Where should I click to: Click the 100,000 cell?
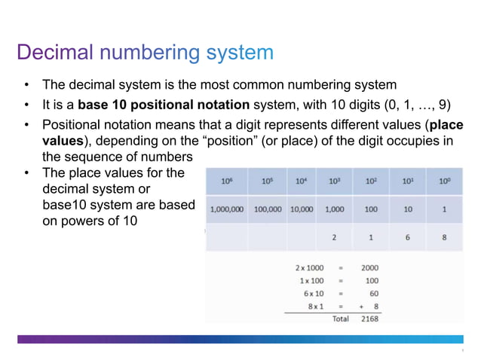(x=268, y=209)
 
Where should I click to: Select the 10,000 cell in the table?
(x=302, y=209)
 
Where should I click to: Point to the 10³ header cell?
(x=334, y=181)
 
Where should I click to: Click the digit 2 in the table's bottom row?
(x=334, y=238)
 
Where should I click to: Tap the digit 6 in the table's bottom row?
(x=408, y=238)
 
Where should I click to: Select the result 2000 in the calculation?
(x=369, y=267)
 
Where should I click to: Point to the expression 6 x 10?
(x=314, y=293)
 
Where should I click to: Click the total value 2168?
(x=369, y=319)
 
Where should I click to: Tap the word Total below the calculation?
(x=341, y=319)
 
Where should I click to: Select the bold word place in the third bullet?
(x=448, y=124)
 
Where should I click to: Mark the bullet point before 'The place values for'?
(x=26, y=173)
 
